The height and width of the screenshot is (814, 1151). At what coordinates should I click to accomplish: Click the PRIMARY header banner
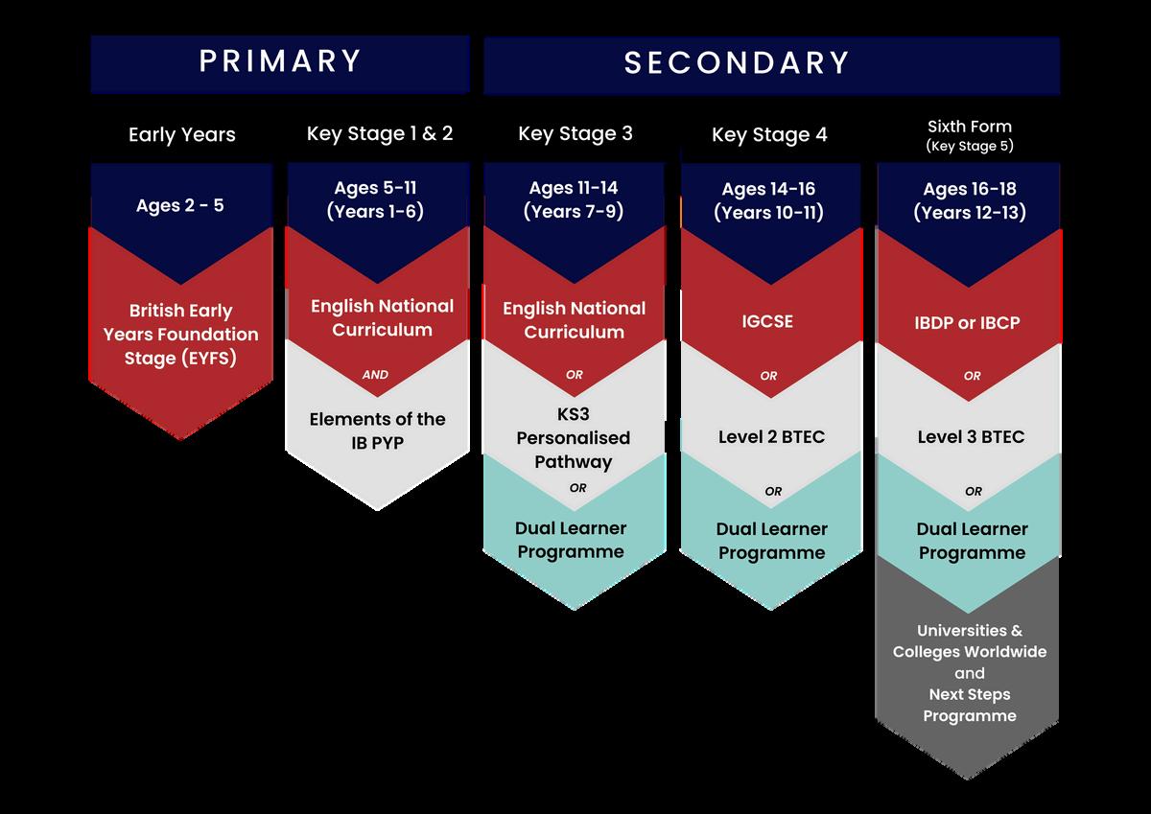(x=280, y=62)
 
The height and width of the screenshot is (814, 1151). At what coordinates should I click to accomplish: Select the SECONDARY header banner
(x=737, y=63)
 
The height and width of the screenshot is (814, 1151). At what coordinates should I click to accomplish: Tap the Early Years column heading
(x=182, y=135)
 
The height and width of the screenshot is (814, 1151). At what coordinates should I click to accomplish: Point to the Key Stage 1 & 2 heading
(x=380, y=133)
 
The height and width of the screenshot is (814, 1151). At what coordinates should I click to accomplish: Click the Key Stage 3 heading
(x=575, y=133)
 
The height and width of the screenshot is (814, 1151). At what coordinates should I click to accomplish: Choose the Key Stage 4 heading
(x=769, y=135)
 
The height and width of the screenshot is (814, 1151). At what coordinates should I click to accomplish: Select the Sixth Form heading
(x=969, y=127)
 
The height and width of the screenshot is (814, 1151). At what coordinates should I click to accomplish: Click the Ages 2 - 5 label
(x=180, y=205)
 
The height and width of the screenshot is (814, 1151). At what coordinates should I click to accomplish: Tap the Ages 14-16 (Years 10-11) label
(x=769, y=200)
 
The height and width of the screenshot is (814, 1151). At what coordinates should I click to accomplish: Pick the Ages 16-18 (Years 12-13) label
(x=970, y=200)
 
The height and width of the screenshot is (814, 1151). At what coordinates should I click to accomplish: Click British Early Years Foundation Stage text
(x=181, y=335)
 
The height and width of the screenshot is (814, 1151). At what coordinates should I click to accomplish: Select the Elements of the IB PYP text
(x=377, y=430)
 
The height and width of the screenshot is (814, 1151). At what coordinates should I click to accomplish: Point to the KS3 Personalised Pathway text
(x=574, y=438)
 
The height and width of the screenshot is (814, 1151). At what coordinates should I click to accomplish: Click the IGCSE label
(x=769, y=322)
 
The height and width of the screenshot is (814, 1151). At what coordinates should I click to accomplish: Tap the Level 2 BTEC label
(x=771, y=437)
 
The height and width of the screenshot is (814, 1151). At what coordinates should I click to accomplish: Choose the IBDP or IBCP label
(x=967, y=323)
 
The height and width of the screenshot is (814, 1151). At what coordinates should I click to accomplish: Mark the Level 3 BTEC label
(x=971, y=437)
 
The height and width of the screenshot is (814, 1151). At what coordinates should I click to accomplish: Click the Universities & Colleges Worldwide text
(x=969, y=641)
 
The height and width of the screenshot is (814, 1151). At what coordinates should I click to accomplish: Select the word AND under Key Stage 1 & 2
(x=375, y=375)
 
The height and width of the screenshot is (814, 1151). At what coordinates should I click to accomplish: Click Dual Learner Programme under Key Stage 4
(x=772, y=541)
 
